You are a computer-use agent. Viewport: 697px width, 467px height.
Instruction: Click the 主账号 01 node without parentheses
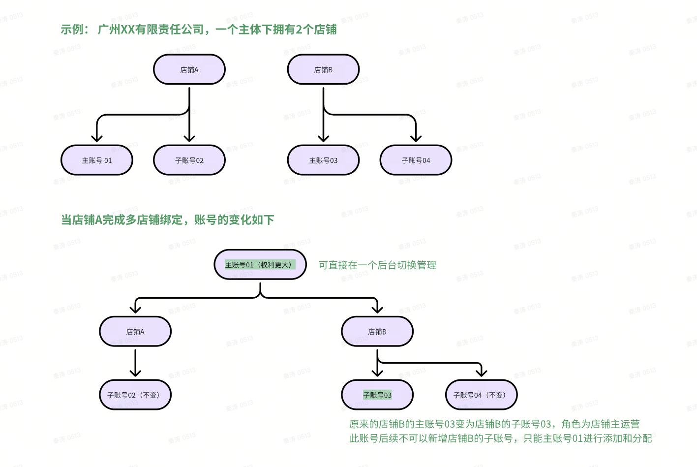click(97, 160)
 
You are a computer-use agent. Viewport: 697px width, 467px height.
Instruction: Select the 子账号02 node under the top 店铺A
click(189, 160)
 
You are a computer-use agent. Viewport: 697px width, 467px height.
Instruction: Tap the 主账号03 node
click(323, 160)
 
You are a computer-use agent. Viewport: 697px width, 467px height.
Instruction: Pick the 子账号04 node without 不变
click(416, 160)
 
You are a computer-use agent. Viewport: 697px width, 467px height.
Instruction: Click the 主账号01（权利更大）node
click(260, 265)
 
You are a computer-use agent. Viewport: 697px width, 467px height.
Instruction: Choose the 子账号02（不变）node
click(135, 395)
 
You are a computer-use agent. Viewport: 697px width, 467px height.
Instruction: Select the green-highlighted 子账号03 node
click(377, 395)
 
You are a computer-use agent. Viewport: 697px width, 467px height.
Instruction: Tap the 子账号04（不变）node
click(482, 395)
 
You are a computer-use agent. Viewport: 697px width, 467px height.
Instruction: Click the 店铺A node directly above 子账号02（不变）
click(135, 332)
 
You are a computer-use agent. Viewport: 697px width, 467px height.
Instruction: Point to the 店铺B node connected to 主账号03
click(323, 70)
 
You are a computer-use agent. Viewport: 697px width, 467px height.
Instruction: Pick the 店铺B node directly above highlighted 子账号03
click(377, 332)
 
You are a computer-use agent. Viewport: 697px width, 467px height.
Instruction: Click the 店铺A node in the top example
click(189, 70)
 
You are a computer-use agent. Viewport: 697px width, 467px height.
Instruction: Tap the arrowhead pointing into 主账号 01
click(97, 138)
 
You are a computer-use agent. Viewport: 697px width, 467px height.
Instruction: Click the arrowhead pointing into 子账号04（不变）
click(482, 373)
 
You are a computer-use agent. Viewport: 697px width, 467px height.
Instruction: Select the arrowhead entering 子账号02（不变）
click(135, 373)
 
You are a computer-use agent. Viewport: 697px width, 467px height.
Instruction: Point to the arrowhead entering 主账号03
click(323, 138)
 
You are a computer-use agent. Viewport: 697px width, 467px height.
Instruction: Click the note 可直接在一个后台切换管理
click(377, 265)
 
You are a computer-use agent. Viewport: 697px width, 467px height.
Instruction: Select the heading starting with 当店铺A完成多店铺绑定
click(167, 220)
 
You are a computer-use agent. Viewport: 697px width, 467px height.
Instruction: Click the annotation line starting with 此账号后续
click(500, 438)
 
